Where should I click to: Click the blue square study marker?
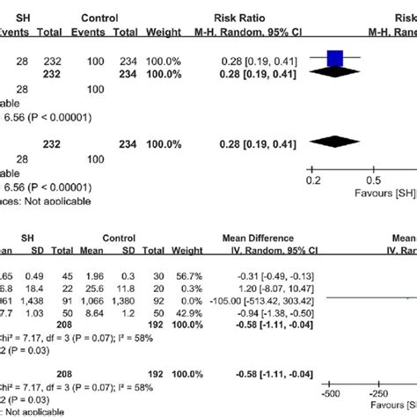(x=335, y=60)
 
